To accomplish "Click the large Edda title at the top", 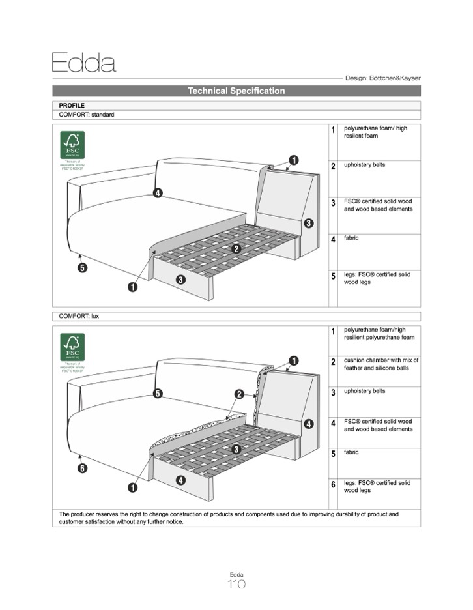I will tap(83, 63).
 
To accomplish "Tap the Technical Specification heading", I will tap(236, 91).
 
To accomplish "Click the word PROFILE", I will tap(72, 105).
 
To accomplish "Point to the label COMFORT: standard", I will tap(87, 115).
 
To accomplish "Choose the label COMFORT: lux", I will tap(79, 316).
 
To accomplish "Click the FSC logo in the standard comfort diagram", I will tap(72, 145).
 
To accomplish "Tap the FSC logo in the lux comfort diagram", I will tap(72, 347).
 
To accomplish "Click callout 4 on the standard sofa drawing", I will tap(158, 193).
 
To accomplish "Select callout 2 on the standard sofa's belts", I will tap(236, 248).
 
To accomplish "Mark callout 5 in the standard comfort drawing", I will tap(82, 267).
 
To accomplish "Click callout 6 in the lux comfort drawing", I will tap(82, 468).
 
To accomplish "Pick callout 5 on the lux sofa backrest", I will tap(158, 393).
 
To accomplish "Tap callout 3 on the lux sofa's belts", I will tap(236, 449).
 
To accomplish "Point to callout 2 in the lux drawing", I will tap(239, 394).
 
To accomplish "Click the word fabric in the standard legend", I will tap(351, 238).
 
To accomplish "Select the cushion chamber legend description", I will tap(381, 364).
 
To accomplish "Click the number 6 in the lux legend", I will tap(333, 485).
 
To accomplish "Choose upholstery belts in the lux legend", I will tap(364, 391).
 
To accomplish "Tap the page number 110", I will tap(236, 585).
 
